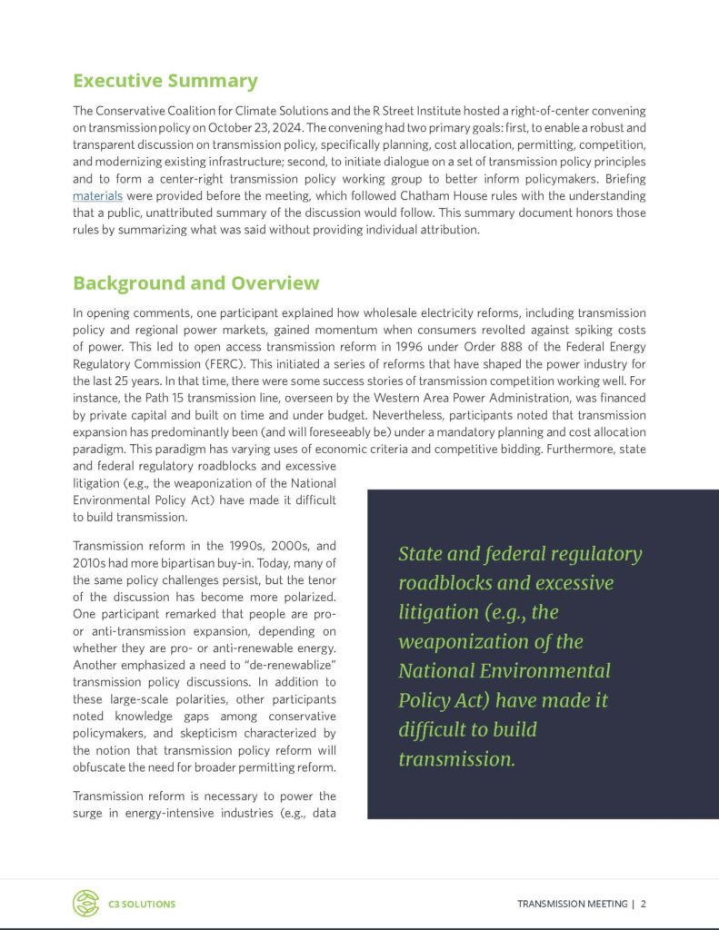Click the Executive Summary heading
(x=165, y=81)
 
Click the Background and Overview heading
(x=195, y=282)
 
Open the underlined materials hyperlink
(x=97, y=195)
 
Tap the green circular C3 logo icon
(x=85, y=903)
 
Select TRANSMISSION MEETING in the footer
(x=572, y=904)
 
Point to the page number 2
(x=644, y=904)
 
